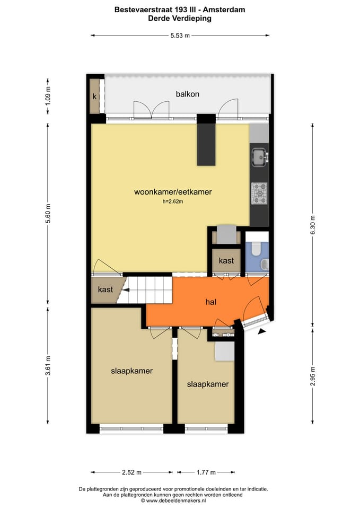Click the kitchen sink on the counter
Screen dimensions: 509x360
pos(259,156)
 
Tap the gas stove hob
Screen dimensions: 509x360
pos(259,193)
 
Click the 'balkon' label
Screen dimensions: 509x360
pos(188,94)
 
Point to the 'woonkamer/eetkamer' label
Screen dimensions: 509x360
pos(173,192)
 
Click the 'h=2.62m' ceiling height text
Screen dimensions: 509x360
pos(173,202)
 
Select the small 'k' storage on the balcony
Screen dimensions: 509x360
pos(94,96)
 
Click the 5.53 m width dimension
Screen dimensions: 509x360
pos(180,36)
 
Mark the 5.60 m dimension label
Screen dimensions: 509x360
pos(48,214)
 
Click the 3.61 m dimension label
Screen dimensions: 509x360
pos(48,366)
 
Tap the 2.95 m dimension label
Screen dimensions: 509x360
pos(313,376)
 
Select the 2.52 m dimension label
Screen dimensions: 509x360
pos(131,472)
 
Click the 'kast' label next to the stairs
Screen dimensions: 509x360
pos(106,290)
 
